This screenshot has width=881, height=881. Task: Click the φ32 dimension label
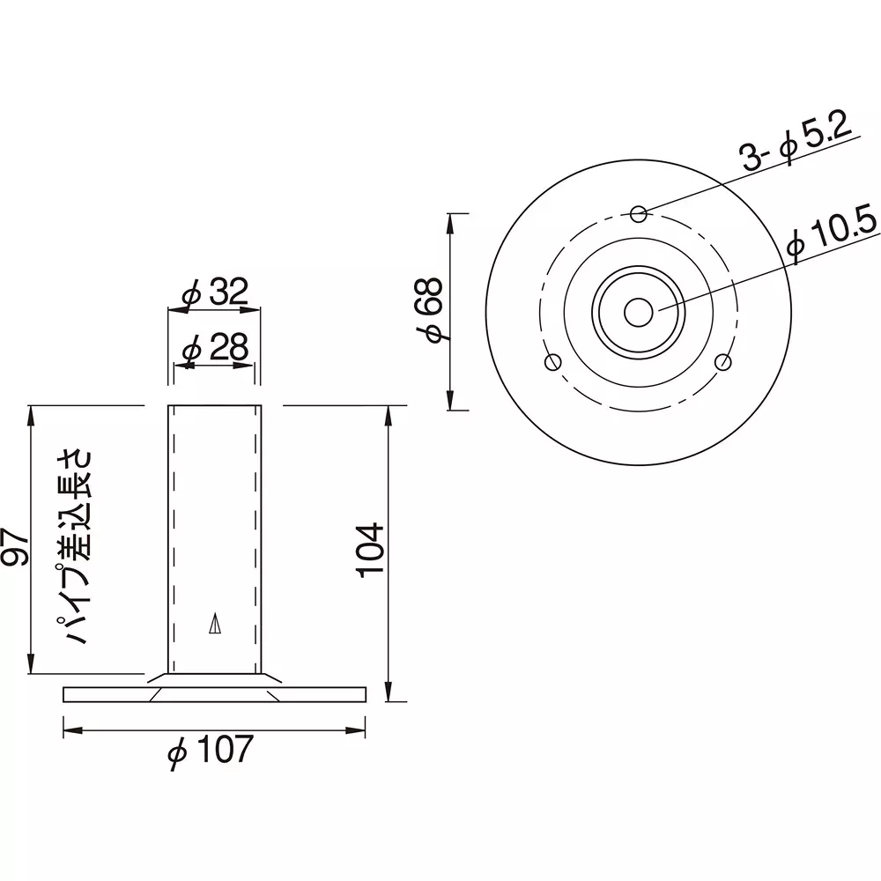(215, 292)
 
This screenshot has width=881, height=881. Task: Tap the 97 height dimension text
(15, 546)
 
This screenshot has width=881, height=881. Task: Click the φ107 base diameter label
(211, 751)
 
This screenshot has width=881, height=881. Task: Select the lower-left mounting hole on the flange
(553, 361)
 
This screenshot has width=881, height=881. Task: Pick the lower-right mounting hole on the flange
(724, 361)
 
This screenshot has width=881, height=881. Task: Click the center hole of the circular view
(639, 312)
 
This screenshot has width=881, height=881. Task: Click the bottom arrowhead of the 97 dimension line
(32, 669)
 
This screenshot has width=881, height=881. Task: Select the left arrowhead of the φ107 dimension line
(70, 729)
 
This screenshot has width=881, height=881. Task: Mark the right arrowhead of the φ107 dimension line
(359, 729)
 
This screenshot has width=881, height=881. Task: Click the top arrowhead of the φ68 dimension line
(451, 220)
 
